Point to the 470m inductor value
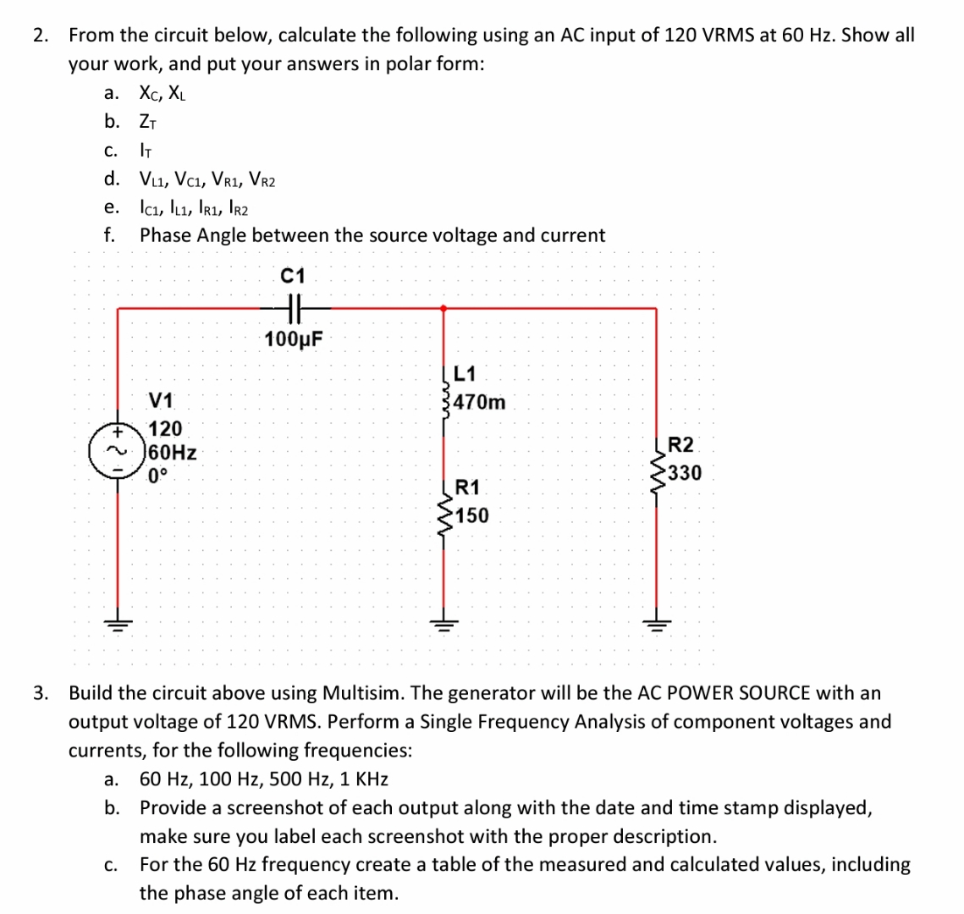[480, 403]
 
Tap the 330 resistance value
[685, 473]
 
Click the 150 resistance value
[471, 515]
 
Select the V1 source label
[162, 399]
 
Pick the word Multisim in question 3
[363, 693]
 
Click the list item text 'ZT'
[150, 122]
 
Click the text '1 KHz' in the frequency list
[361, 779]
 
